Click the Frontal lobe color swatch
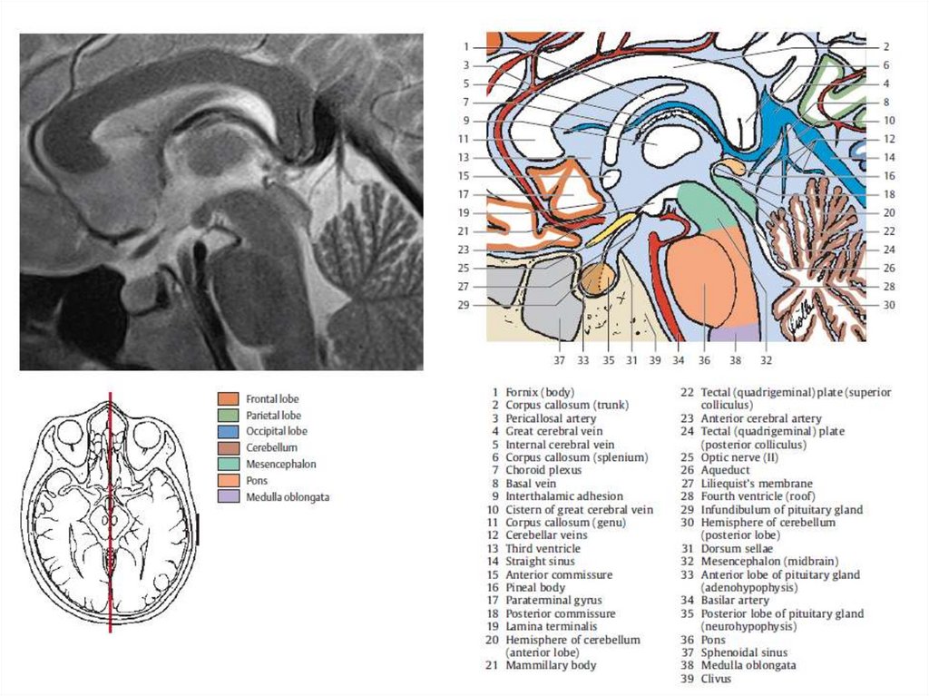229,398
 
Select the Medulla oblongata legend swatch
229,496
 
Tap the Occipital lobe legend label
276,431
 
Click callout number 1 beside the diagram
464,46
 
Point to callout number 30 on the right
889,305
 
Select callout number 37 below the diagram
559,360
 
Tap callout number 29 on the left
464,305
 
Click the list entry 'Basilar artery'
734,600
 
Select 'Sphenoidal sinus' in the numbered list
743,652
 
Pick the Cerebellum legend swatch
229,447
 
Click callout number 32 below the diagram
767,360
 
